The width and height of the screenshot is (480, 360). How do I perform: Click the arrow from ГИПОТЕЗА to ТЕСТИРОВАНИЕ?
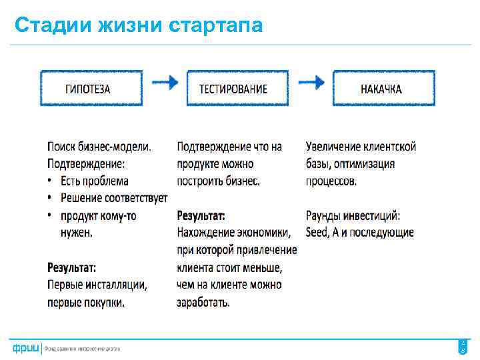click(x=165, y=83)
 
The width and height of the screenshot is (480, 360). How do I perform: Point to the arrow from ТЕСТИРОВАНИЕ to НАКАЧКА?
click(x=311, y=83)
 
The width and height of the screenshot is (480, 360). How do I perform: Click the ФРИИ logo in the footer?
click(x=25, y=348)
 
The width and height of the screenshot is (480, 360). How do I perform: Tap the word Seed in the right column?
click(x=317, y=233)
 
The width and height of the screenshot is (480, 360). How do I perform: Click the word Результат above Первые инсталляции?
click(x=71, y=267)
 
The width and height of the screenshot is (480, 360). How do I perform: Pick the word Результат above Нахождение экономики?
click(x=201, y=215)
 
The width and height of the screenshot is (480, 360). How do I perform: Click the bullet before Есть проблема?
click(x=50, y=181)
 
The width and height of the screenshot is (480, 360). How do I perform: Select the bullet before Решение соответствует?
click(x=50, y=198)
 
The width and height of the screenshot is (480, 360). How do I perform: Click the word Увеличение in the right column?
click(x=333, y=146)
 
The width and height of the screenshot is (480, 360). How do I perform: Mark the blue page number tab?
click(x=463, y=346)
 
